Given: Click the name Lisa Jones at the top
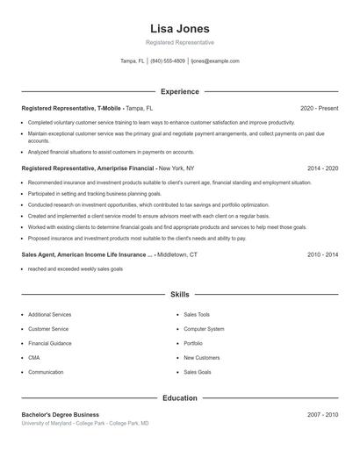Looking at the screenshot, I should pyautogui.click(x=180, y=28).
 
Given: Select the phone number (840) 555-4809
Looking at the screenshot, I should pyautogui.click(x=168, y=61).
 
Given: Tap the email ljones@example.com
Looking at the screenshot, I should pyautogui.click(x=215, y=61).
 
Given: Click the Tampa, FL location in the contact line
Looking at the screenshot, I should pyautogui.click(x=133, y=61).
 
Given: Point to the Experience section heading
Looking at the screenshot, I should pyautogui.click(x=180, y=91).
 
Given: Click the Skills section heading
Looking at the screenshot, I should pyautogui.click(x=180, y=296).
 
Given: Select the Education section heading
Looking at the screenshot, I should pyautogui.click(x=180, y=397).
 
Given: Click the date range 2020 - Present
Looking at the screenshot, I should pyautogui.click(x=319, y=108).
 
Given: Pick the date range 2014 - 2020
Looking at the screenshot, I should pyautogui.click(x=322, y=168).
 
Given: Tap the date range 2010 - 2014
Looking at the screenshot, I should pyautogui.click(x=322, y=254).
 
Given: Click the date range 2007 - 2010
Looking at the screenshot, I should pyautogui.click(x=322, y=414).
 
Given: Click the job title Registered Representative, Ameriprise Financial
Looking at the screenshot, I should pyautogui.click(x=88, y=168).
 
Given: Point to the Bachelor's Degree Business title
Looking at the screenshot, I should pyautogui.click(x=61, y=414).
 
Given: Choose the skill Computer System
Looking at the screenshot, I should pyautogui.click(x=204, y=329).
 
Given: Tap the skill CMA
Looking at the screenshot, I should pyautogui.click(x=34, y=358).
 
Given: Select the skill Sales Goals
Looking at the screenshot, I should pyautogui.click(x=198, y=372).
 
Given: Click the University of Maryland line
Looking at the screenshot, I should pyautogui.click(x=85, y=424).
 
